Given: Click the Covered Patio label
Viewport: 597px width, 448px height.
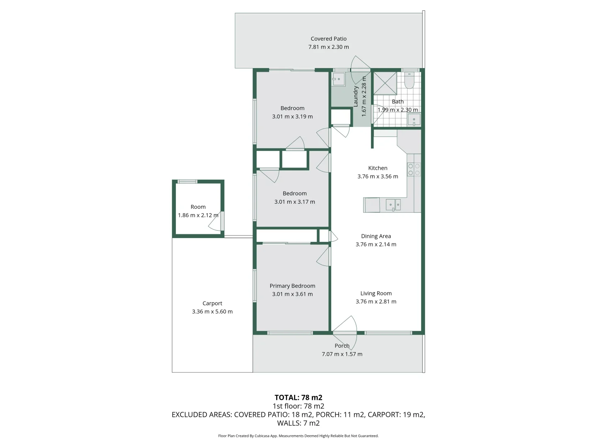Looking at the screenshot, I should [328, 39].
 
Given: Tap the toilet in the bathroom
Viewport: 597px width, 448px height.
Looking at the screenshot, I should [409, 81].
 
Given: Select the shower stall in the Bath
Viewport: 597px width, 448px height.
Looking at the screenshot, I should [385, 83].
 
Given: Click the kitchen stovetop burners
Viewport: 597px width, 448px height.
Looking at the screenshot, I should [414, 169].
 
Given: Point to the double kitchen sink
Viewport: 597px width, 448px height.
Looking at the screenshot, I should [393, 205].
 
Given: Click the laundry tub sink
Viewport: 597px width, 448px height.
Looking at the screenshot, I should [338, 79].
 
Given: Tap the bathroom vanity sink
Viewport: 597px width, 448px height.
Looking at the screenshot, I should [414, 120].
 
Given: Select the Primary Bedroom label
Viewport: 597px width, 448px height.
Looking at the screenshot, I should [292, 286].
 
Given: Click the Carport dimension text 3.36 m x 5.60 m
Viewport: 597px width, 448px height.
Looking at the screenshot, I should [212, 312].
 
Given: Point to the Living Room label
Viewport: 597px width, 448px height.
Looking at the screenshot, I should [376, 293].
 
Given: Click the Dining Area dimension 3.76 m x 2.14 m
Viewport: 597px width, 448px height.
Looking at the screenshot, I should [376, 244].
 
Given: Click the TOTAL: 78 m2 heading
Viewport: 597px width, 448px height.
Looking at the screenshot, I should [298, 397].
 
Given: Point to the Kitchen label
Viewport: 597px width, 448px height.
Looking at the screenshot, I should [378, 168].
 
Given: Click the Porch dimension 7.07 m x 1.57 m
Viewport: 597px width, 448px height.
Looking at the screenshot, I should [342, 354].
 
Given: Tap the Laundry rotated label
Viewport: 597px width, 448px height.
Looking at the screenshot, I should [355, 96].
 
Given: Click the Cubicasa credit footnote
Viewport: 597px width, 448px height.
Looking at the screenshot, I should [298, 436].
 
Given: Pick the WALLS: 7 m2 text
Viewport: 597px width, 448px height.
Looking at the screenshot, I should [298, 423].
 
